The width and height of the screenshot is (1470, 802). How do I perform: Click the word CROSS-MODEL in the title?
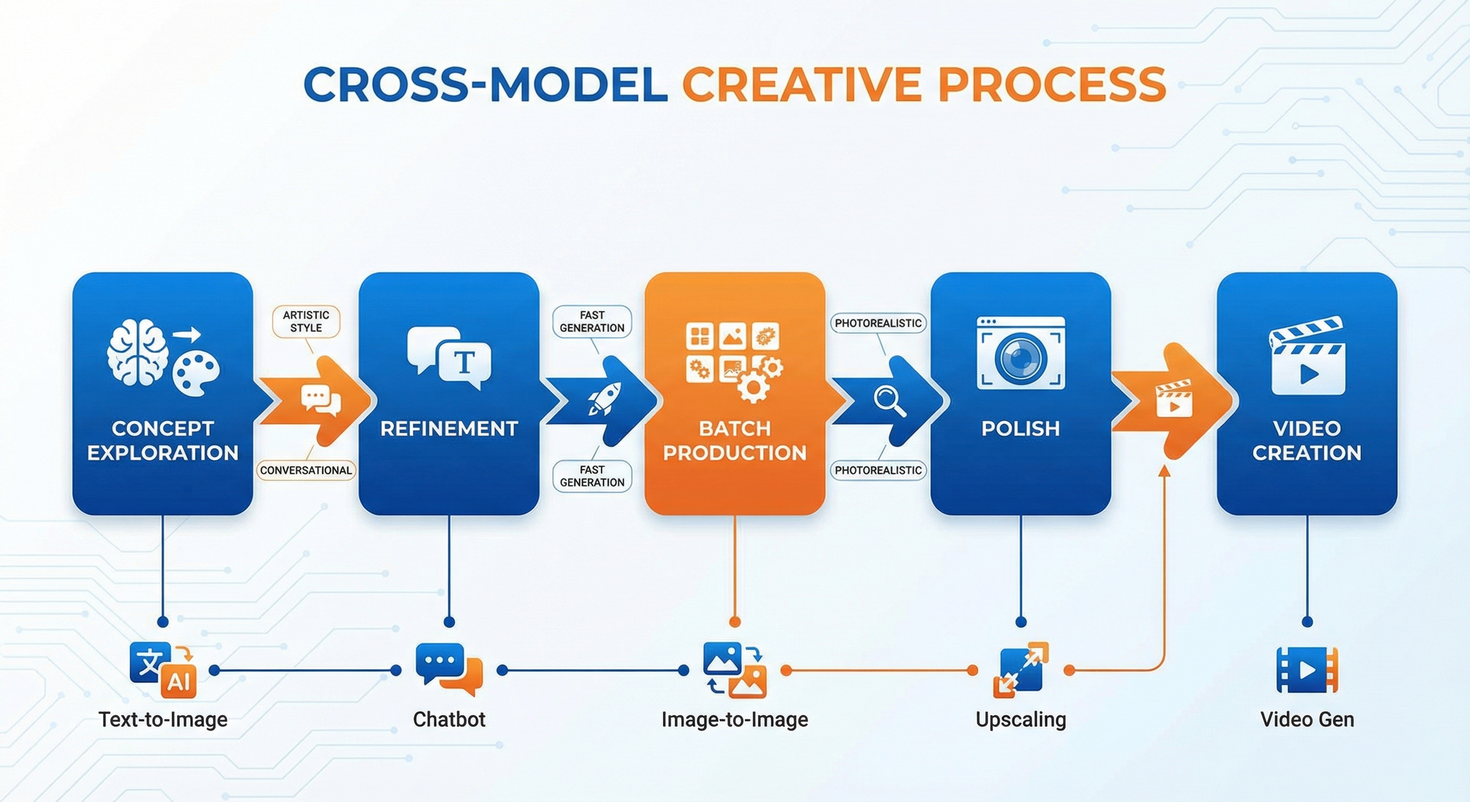point(485,85)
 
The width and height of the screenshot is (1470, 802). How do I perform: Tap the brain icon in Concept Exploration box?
point(137,351)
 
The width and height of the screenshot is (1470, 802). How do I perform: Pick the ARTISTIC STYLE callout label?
point(306,321)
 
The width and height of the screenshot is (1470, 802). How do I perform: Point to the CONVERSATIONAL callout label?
point(306,470)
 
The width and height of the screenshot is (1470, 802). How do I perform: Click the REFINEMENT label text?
point(449,428)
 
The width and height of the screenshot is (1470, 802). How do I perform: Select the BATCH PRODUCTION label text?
point(734,441)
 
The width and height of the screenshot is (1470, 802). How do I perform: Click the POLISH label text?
point(1021,428)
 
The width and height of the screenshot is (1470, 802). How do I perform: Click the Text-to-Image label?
point(163,719)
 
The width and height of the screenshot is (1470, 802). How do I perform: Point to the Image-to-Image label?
point(734,719)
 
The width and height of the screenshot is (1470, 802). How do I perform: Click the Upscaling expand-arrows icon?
point(1021,669)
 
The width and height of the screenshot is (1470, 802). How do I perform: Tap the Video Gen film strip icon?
point(1307,669)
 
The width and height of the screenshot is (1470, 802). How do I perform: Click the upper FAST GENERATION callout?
point(592,321)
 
